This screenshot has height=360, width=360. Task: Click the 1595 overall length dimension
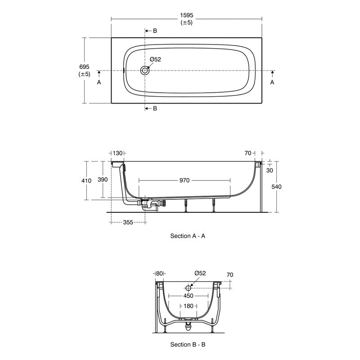[x=187, y=15]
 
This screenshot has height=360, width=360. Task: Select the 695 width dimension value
[x=85, y=67]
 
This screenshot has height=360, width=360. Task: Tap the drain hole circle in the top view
[x=145, y=71]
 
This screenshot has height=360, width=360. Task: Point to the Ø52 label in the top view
[x=155, y=59]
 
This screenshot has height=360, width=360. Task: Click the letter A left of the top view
[x=99, y=83]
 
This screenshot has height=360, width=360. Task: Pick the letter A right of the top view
[x=272, y=83]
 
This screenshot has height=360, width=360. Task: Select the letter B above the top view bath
[x=154, y=31]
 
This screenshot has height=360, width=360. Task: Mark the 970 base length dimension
[x=184, y=180]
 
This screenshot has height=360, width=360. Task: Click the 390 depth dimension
[x=103, y=180]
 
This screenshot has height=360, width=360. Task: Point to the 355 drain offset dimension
[x=128, y=222]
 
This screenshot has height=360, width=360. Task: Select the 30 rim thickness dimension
[x=270, y=170]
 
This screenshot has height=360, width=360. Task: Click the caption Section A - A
[x=188, y=236]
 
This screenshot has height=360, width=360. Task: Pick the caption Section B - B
[x=188, y=345]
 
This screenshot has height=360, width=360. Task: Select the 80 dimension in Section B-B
[x=159, y=273]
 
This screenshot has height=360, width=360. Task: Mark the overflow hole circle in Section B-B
[x=188, y=288]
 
